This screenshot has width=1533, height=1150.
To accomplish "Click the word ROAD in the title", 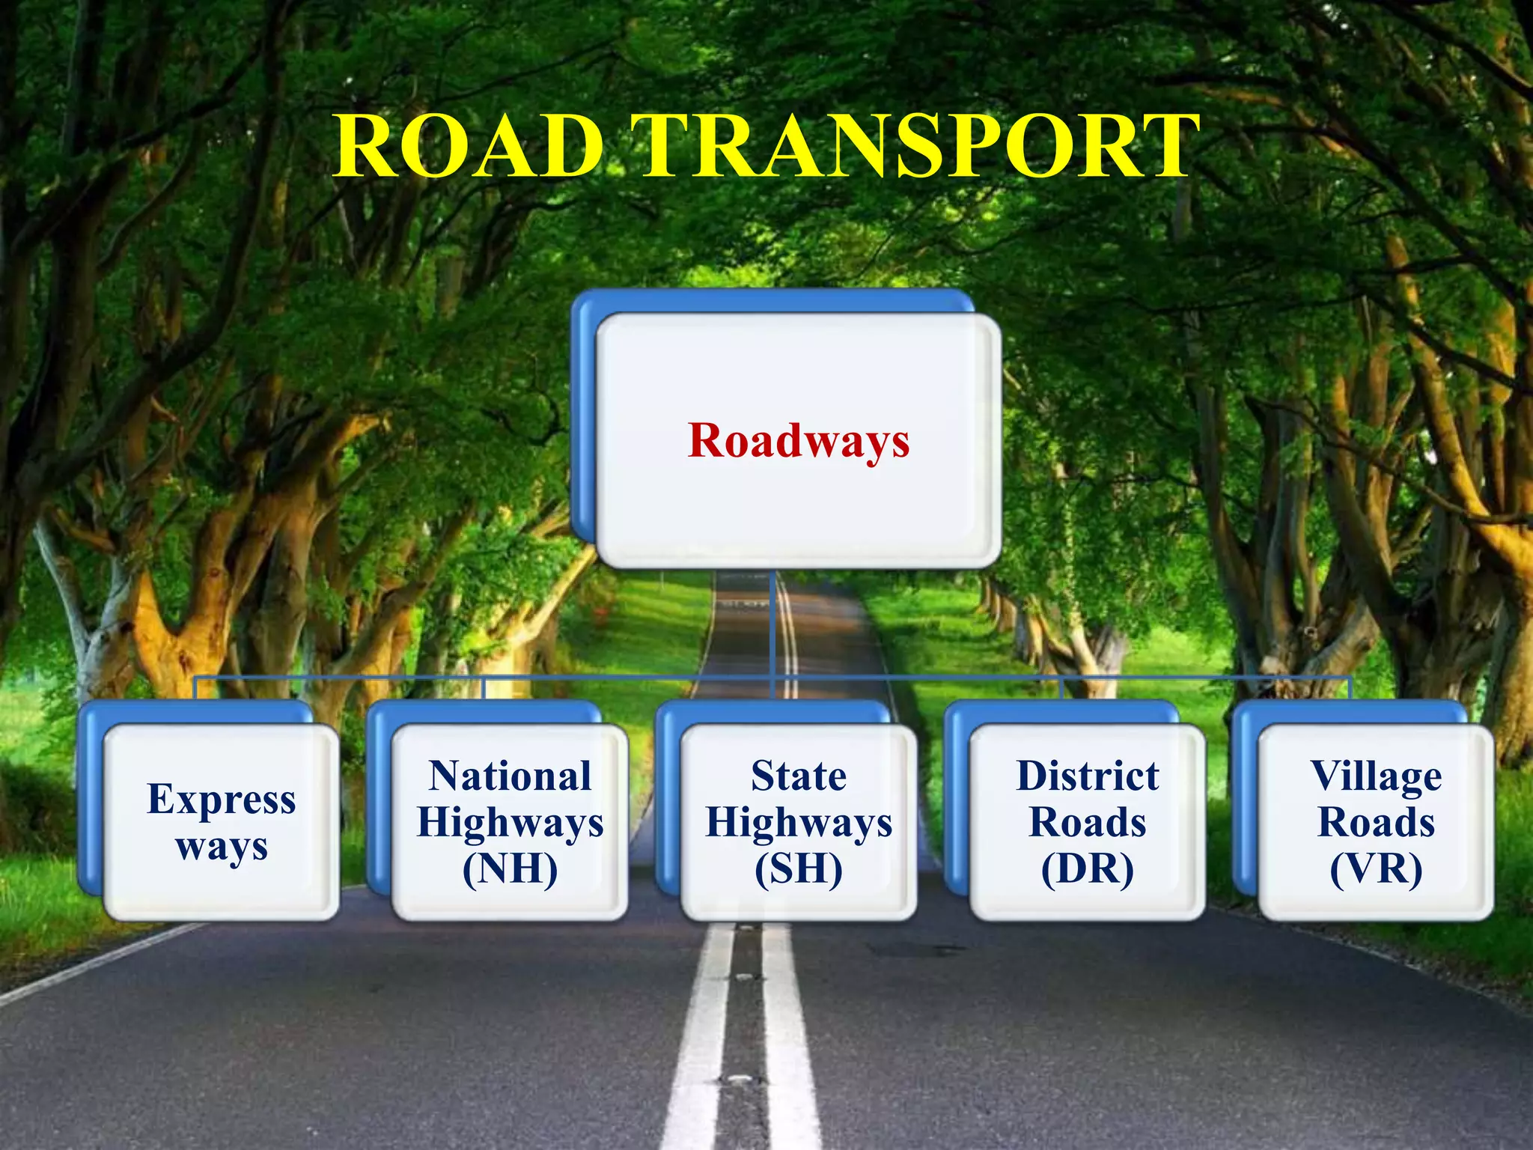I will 469,146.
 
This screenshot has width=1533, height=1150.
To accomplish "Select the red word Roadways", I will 799,440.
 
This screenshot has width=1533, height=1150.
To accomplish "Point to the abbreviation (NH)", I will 510,870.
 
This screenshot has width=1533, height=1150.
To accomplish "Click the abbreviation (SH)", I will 799,870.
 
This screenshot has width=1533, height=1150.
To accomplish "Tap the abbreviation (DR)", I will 1087,870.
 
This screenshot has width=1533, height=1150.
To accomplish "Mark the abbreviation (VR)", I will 1376,870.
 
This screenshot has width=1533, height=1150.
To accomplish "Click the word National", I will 510,776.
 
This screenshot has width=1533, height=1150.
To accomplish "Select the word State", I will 799,776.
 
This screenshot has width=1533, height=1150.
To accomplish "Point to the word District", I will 1087,776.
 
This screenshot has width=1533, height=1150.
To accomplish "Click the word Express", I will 222,800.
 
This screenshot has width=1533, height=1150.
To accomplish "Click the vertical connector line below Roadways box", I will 771,621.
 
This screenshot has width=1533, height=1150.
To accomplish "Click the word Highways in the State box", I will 799,824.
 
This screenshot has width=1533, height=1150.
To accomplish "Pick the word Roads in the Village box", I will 1376,823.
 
